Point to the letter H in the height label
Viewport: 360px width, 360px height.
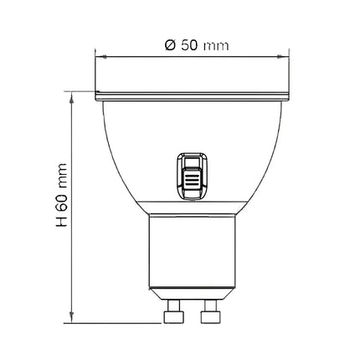click(x=62, y=228)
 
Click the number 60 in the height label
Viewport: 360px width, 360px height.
click(x=62, y=207)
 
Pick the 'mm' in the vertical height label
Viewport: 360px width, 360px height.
click(x=62, y=178)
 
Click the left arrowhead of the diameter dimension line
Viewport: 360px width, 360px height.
click(x=99, y=57)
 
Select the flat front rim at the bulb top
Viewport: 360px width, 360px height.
click(x=192, y=95)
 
